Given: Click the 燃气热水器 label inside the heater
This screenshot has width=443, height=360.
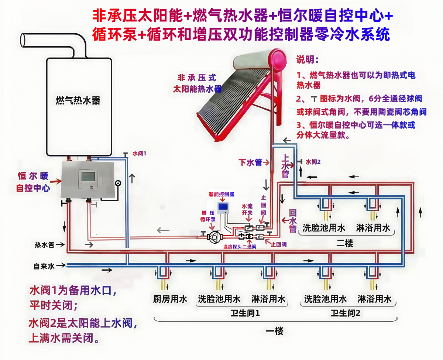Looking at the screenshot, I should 78,100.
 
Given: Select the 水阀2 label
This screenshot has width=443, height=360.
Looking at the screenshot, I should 313,162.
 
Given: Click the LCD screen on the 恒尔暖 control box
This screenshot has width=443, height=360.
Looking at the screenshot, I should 89,176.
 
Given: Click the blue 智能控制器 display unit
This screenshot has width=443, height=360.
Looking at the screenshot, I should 223,208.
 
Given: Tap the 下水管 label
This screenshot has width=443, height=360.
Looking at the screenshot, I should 250,162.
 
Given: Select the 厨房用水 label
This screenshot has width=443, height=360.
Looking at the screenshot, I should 170,299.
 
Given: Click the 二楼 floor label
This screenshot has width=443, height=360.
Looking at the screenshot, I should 345,243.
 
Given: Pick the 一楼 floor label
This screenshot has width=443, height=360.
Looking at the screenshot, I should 274,331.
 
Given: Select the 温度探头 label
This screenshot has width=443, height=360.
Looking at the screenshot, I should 232,247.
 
